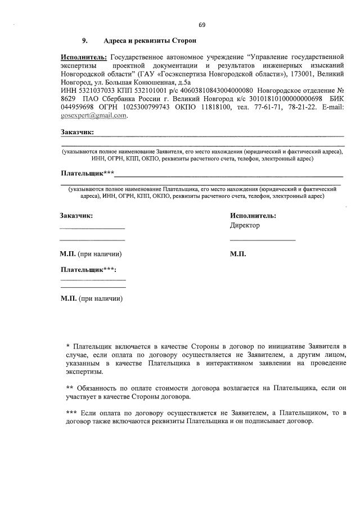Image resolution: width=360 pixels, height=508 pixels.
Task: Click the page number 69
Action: tap(202, 25)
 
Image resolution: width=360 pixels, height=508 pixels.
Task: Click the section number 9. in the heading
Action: tap(85, 41)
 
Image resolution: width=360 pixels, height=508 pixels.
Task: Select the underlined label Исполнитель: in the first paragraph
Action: tap(84, 57)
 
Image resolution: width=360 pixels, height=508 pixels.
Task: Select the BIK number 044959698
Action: tap(78, 107)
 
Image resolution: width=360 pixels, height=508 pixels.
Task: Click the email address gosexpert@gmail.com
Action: tap(94, 115)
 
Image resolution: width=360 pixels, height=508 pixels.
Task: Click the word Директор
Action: tap(245, 225)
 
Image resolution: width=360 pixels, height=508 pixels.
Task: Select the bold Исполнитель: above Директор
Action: tap(253, 215)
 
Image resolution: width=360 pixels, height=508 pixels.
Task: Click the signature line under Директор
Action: tap(263, 241)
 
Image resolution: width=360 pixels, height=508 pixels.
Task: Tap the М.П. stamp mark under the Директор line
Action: tap(238, 254)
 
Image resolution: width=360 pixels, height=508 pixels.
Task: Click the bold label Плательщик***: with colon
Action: tap(88, 270)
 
